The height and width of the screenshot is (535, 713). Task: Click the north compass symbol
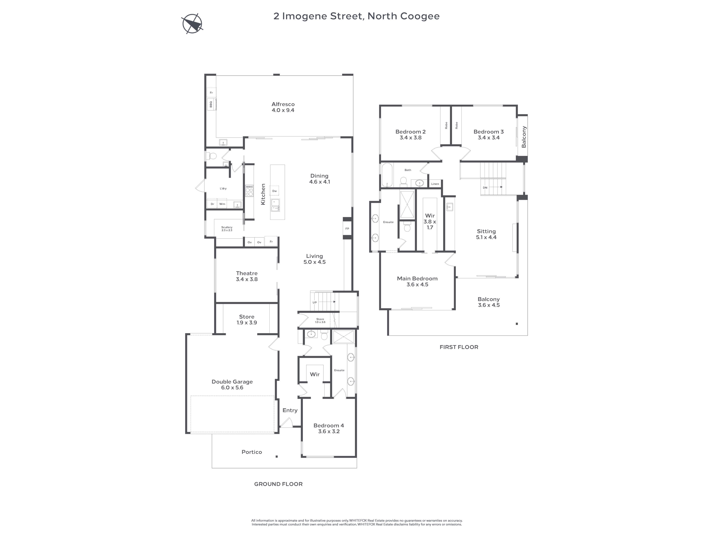pyautogui.click(x=192, y=24)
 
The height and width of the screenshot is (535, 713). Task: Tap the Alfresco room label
pyautogui.click(x=283, y=107)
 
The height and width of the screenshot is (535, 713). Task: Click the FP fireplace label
pyautogui.click(x=347, y=229)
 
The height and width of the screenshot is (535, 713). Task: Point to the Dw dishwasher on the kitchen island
pyautogui.click(x=275, y=191)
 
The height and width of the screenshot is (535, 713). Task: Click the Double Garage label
pyautogui.click(x=232, y=384)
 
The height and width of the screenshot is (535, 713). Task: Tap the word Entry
pyautogui.click(x=290, y=410)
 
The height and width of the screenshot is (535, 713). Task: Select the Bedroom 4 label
pyautogui.click(x=329, y=428)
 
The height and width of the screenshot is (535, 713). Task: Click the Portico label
pyautogui.click(x=252, y=452)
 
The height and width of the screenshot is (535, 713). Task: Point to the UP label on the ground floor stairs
pyautogui.click(x=315, y=302)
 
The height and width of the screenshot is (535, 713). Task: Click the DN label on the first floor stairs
pyautogui.click(x=485, y=188)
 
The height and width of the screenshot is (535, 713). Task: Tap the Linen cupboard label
pyautogui.click(x=435, y=184)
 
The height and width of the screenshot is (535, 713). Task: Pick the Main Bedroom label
pyautogui.click(x=417, y=281)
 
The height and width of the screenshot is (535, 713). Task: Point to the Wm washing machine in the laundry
pyautogui.click(x=222, y=204)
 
